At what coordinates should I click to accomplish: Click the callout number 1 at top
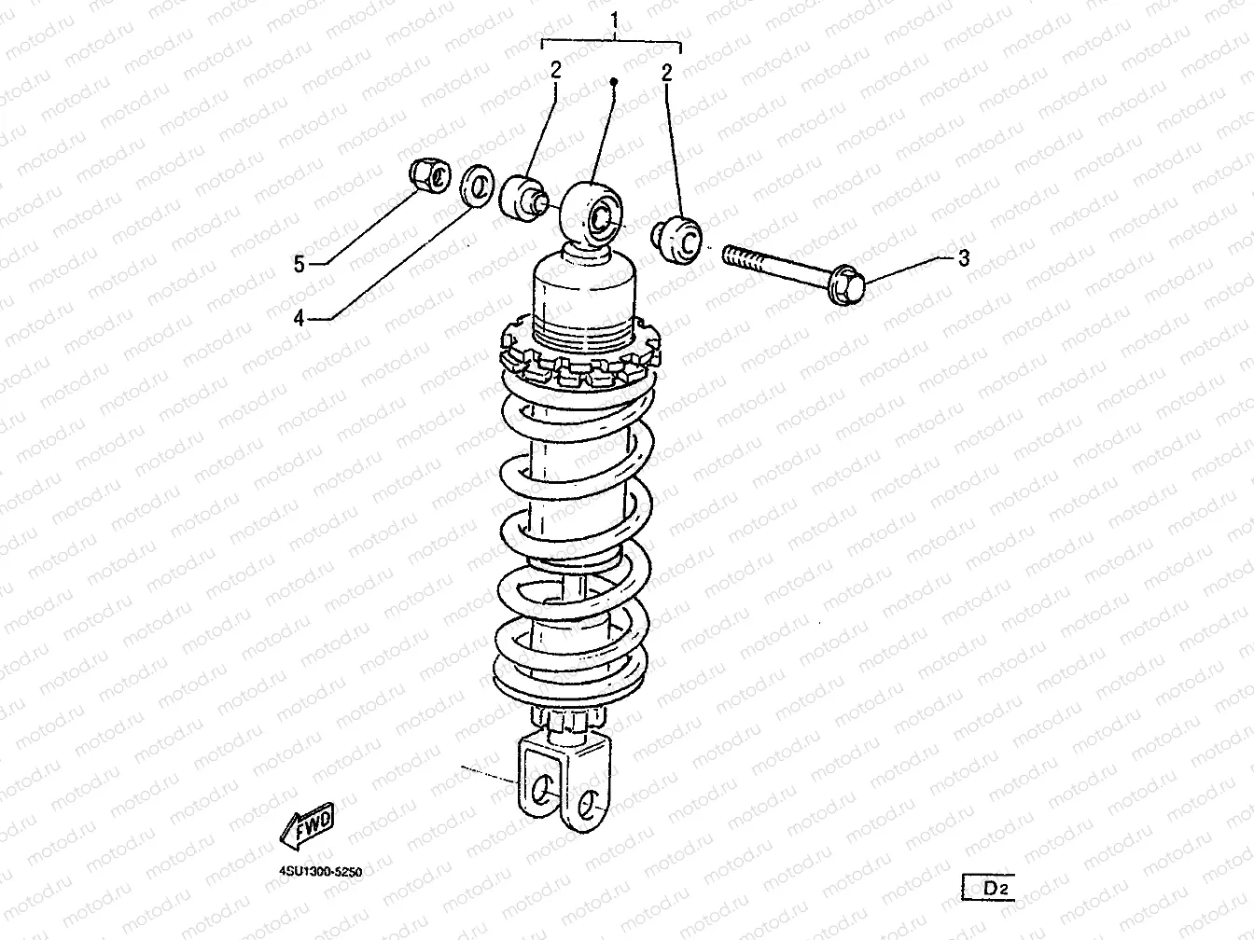pos(615,21)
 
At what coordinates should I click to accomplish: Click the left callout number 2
pos(556,70)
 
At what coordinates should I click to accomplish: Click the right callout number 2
pos(667,73)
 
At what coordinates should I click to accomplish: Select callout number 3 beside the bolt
pos(964,258)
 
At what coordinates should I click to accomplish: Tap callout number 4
pos(299,318)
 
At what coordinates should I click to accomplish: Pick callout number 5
pos(299,264)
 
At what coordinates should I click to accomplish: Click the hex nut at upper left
pos(430,175)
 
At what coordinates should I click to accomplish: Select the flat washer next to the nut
pos(477,186)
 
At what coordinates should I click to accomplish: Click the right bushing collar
pos(677,240)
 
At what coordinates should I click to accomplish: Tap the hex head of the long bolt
pos(846,284)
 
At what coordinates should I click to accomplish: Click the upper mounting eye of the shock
pos(592,214)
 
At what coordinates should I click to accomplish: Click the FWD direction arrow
pos(307,824)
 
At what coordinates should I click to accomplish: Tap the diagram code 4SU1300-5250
pos(321,872)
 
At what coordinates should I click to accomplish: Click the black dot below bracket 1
pos(614,82)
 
